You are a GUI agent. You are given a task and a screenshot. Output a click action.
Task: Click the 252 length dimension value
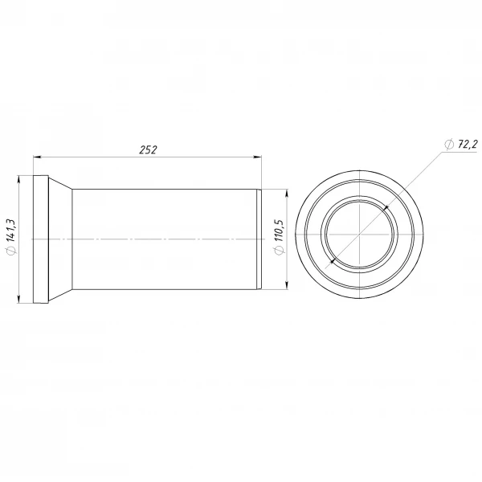coord(148,149)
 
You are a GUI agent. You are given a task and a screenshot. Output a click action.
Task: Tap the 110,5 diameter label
coord(279,231)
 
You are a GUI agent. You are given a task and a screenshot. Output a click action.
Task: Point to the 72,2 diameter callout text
coord(468,144)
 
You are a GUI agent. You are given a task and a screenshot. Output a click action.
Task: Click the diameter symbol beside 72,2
coord(449,145)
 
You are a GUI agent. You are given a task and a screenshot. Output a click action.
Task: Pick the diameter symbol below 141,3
coord(11,249)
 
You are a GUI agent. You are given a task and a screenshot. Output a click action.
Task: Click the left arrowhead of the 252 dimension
coord(37,157)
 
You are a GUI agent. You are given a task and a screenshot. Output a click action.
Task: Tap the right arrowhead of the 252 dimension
coord(258,157)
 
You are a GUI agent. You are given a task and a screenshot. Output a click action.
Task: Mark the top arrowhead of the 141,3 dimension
coord(18,179)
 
